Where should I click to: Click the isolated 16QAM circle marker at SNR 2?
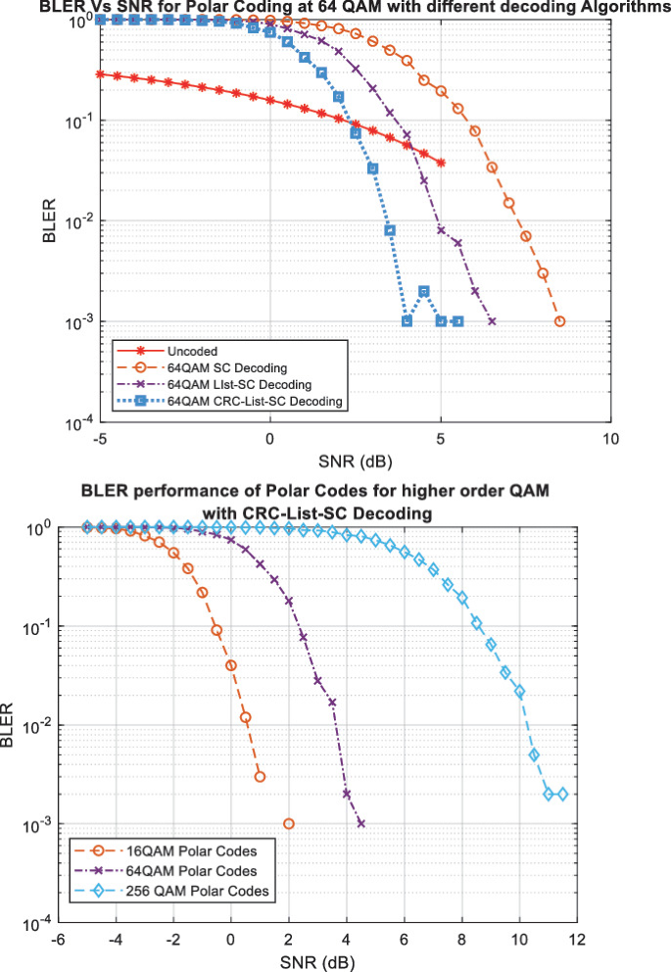(288, 824)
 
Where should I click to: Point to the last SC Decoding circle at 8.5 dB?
(560, 321)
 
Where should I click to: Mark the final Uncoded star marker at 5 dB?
(441, 163)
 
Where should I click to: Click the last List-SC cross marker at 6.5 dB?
(492, 321)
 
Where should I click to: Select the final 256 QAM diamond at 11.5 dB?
(562, 795)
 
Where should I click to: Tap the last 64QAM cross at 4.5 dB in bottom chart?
(361, 824)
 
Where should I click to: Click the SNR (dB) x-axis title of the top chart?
(355, 459)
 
